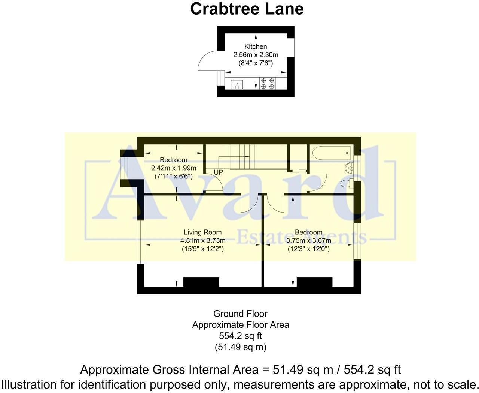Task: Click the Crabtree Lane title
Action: pos(247,9)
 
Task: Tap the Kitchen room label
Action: pos(256,46)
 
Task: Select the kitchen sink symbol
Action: pos(237,84)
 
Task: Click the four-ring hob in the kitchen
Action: pos(268,83)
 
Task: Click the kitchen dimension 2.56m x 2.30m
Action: pos(256,55)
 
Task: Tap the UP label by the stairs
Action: pos(218,172)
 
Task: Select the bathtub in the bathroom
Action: pos(331,152)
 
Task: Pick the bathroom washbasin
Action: pos(350,168)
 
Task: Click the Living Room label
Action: pos(202,232)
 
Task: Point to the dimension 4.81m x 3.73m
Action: pos(202,240)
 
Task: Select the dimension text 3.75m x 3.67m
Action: pos(308,240)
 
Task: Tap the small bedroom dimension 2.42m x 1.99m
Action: pos(174,168)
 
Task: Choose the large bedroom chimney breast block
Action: pos(314,282)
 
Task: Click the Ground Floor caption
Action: pos(240,313)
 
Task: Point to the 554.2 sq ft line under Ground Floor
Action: pos(240,336)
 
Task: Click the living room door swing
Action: pos(249,204)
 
